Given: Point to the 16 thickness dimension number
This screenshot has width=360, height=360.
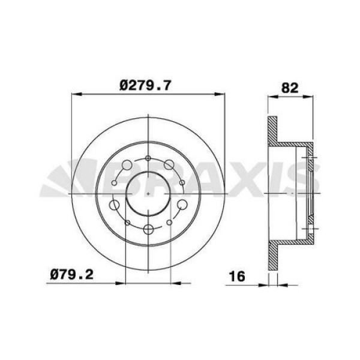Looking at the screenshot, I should pyautogui.click(x=238, y=277).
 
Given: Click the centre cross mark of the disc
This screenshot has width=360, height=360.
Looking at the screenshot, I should pyautogui.click(x=148, y=194).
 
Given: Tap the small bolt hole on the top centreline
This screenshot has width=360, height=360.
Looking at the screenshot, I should pyautogui.click(x=148, y=158).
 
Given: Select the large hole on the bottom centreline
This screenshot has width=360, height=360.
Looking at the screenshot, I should pyautogui.click(x=148, y=229).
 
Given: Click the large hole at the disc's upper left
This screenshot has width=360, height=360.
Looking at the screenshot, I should pyautogui.click(x=127, y=164).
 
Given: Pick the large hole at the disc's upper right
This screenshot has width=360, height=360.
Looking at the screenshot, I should pyautogui.click(x=169, y=164).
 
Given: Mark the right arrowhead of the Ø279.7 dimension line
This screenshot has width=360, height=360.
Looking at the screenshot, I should pyautogui.click(x=221, y=94).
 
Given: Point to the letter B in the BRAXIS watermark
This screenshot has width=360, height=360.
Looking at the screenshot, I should pyautogui.click(x=126, y=180).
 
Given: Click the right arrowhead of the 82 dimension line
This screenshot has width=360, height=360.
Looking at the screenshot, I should pyautogui.click(x=312, y=94).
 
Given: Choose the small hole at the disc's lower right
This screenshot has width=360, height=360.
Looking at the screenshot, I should pyautogui.click(x=170, y=223).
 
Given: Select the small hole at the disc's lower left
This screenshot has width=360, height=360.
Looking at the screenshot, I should pyautogui.click(x=126, y=223).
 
